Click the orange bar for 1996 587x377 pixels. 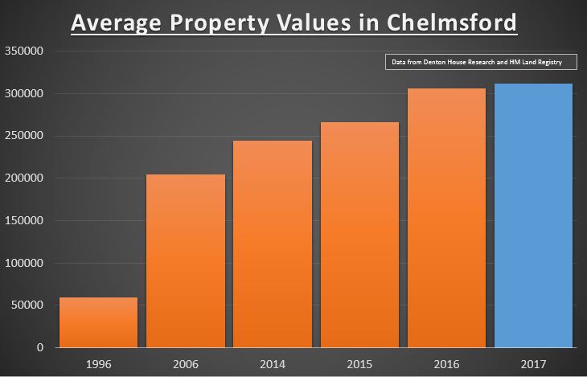pyautogui.click(x=97, y=322)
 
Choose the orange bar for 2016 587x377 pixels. pyautogui.click(x=447, y=218)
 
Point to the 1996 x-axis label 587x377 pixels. pyautogui.click(x=97, y=364)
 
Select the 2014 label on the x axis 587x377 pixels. pyautogui.click(x=273, y=364)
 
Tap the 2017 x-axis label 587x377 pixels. pyautogui.click(x=534, y=364)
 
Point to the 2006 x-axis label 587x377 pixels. pyautogui.click(x=185, y=364)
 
